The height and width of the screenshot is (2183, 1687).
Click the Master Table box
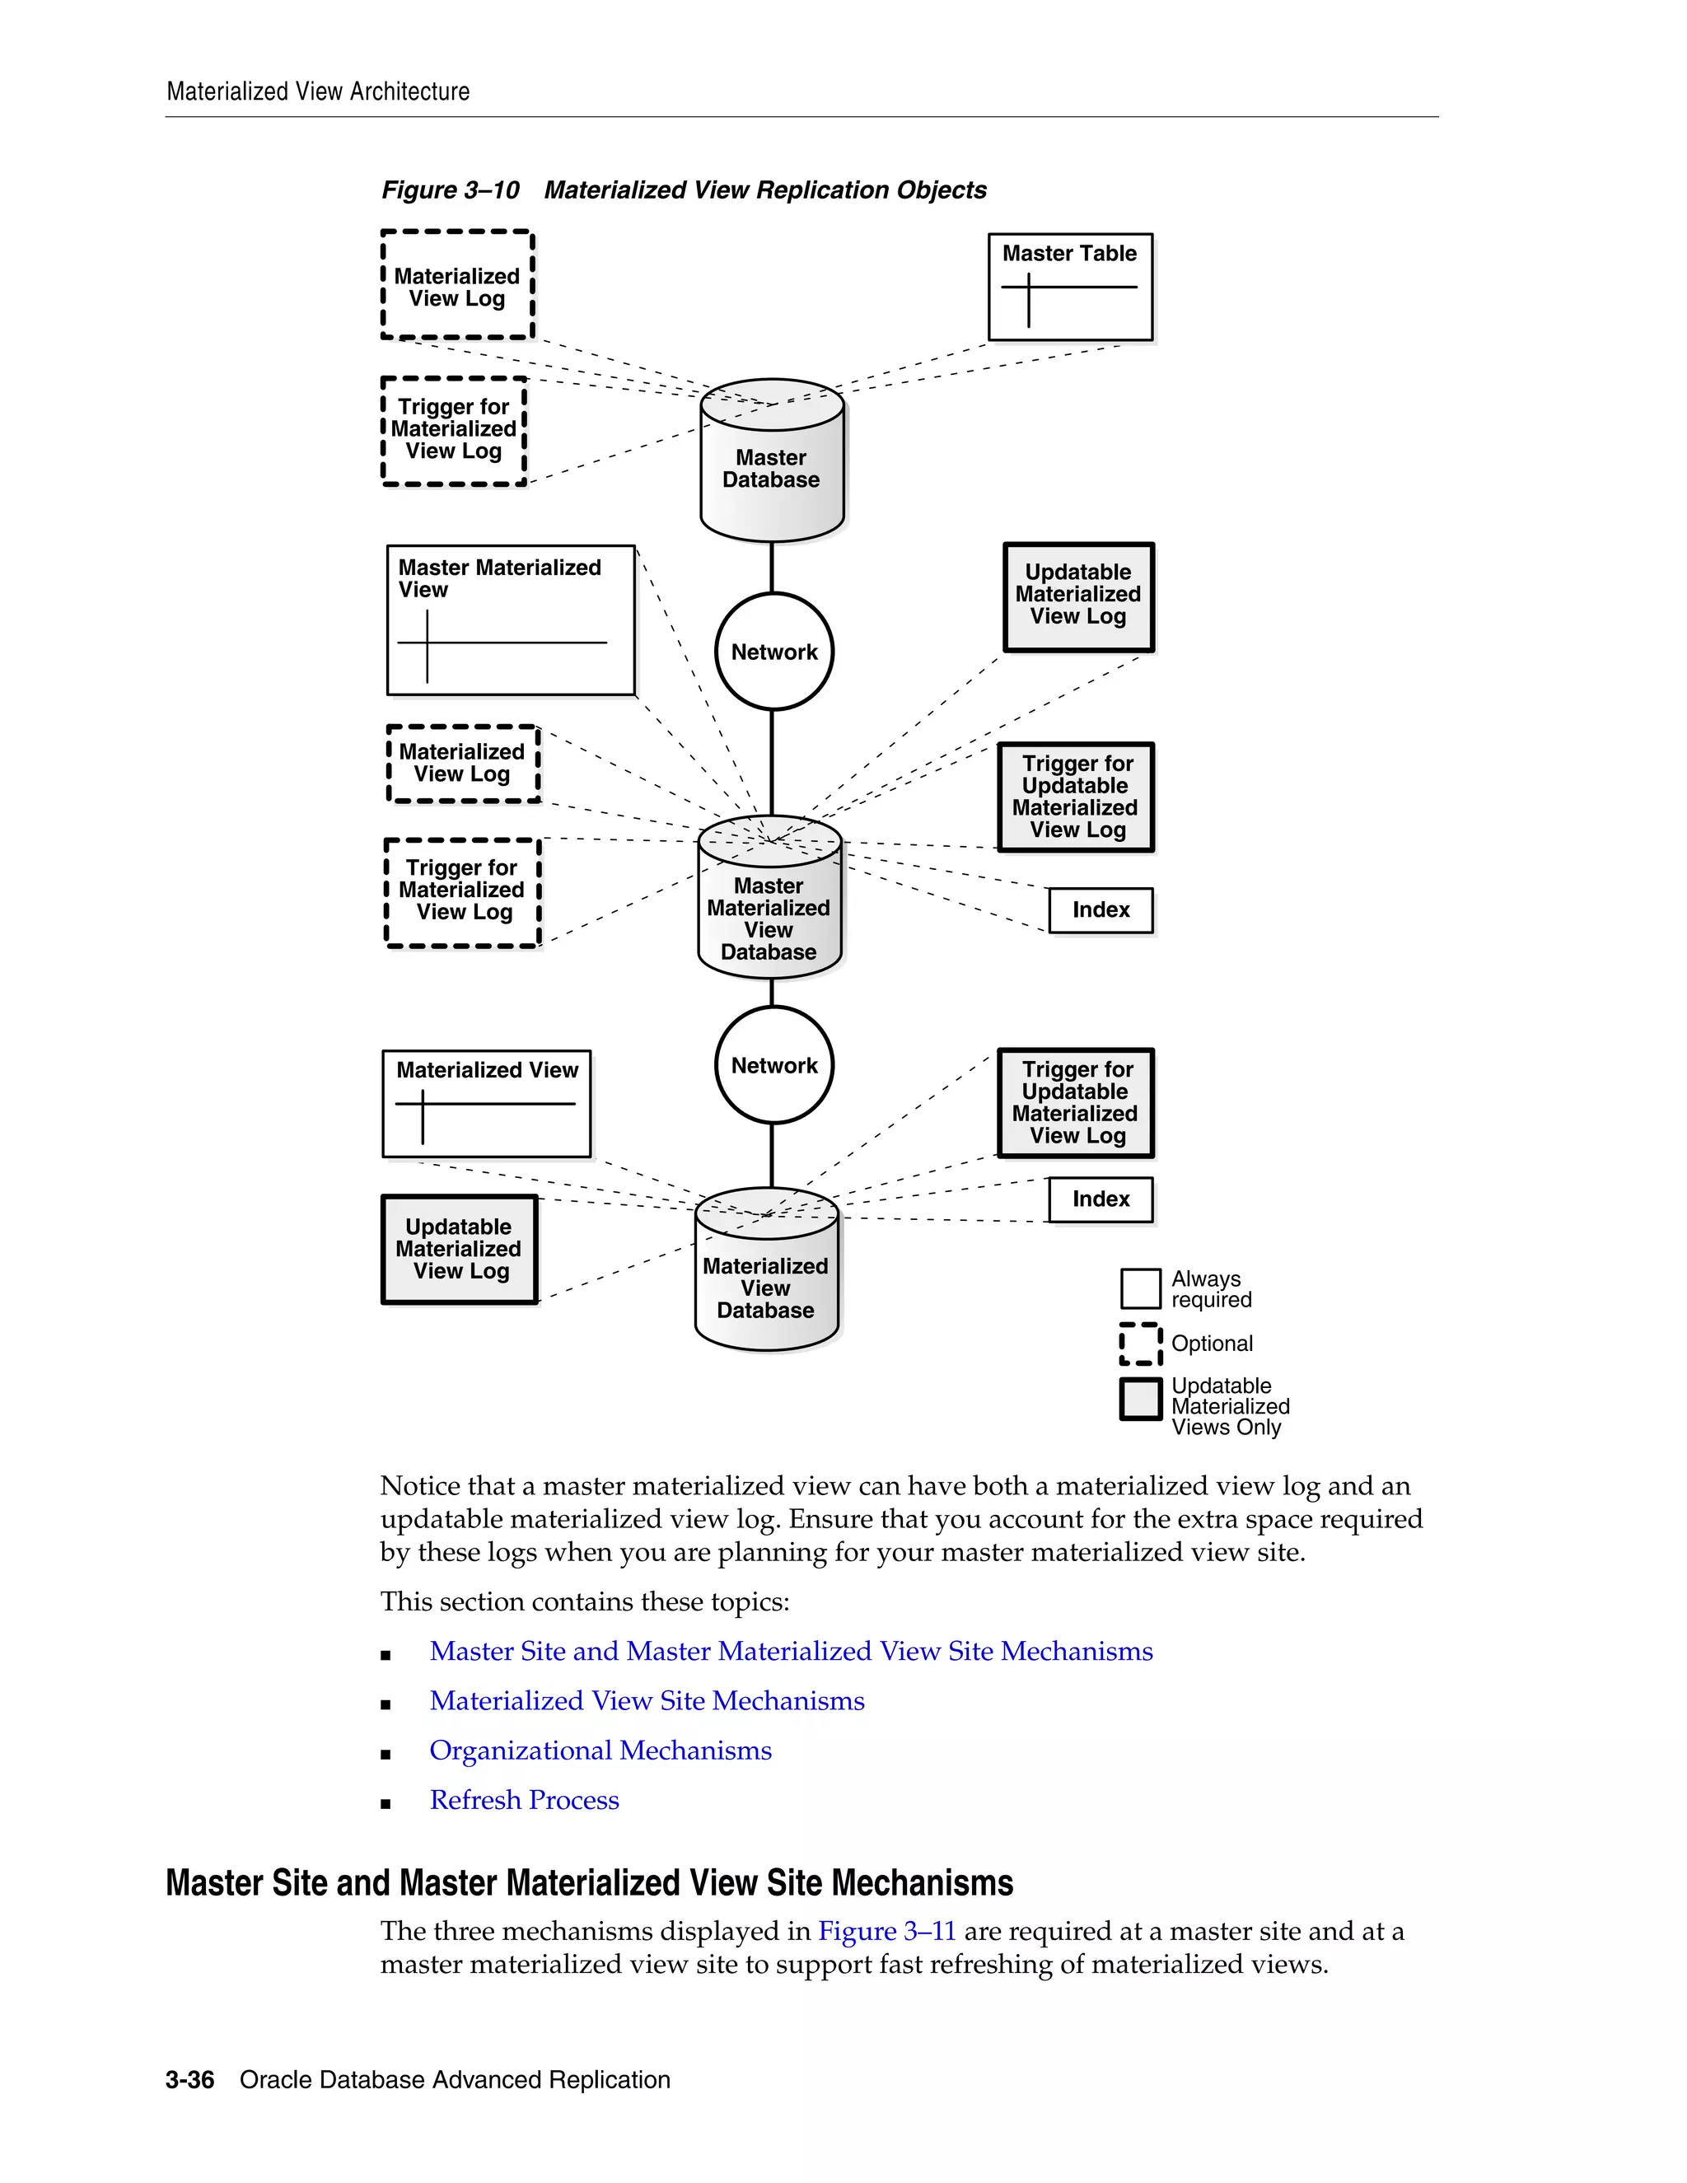pos(1069,287)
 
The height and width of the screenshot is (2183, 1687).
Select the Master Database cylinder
pos(772,462)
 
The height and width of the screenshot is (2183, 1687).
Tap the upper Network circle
pos(773,652)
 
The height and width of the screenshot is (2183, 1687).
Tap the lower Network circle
pos(773,1065)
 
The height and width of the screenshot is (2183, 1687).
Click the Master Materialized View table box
pos(511,619)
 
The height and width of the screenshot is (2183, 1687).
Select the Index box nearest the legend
pos(1101,1199)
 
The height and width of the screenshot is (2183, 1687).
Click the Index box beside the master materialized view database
pos(1101,909)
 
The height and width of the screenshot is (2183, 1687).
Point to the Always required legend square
pos(1140,1288)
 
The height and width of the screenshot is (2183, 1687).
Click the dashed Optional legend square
pos(1140,1344)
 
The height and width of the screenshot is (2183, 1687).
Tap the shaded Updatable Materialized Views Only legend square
pos(1140,1400)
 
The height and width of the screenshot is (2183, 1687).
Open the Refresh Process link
pos(524,1800)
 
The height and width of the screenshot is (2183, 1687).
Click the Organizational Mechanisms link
pos(600,1751)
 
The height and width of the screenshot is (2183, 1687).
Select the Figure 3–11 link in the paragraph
pos(886,1931)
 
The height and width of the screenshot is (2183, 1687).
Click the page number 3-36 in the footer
pos(190,2080)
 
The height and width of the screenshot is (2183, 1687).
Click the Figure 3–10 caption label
pos(450,190)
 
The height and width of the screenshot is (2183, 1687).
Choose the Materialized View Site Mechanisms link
pos(647,1700)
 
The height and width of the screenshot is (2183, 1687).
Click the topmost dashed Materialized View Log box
pos(458,287)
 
